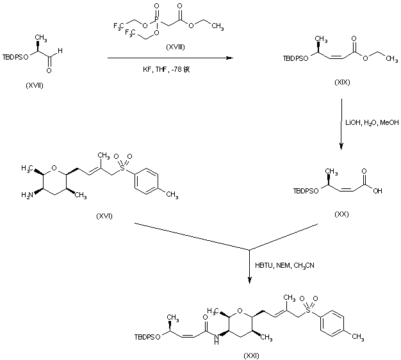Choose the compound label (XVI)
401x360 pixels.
click(102, 215)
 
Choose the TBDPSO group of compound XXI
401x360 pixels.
click(147, 336)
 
